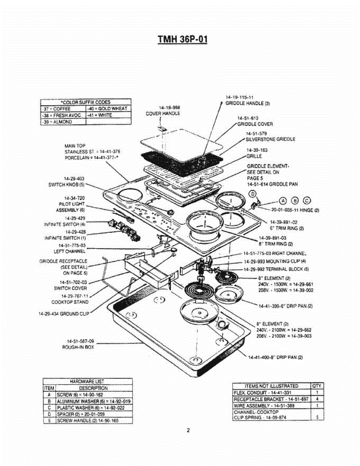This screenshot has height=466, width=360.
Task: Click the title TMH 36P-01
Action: tap(182, 40)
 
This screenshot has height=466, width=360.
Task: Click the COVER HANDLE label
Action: tap(163, 113)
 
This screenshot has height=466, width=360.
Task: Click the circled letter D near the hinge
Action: tap(252, 194)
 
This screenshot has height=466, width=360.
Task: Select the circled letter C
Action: tap(307, 200)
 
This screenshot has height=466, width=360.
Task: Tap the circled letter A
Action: tap(283, 200)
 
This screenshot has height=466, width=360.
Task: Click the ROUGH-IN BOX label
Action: tap(78, 347)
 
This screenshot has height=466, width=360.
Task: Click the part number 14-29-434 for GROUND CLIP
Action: tap(50, 313)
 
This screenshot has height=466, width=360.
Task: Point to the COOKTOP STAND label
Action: tap(70, 302)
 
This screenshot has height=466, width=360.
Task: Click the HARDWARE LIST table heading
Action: tap(87, 381)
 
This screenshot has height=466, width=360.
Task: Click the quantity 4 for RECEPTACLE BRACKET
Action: tap(317, 399)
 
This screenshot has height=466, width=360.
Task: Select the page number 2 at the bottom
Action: tap(188, 430)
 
